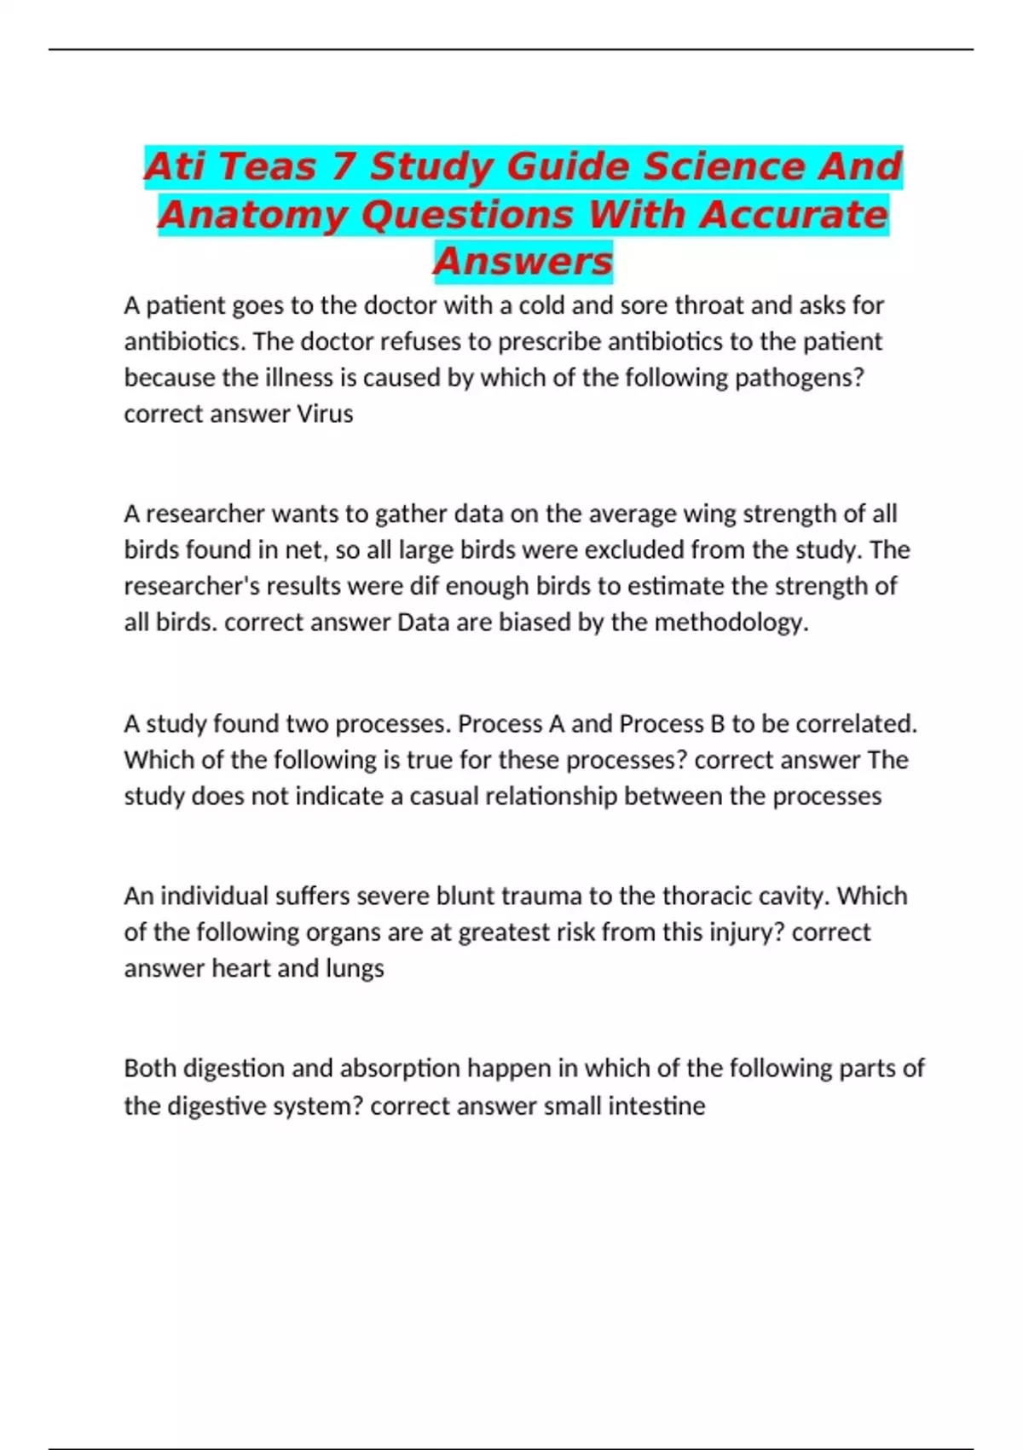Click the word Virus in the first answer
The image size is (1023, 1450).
[x=325, y=414]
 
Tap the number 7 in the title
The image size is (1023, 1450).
[x=343, y=166]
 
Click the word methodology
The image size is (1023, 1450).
[x=731, y=623]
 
